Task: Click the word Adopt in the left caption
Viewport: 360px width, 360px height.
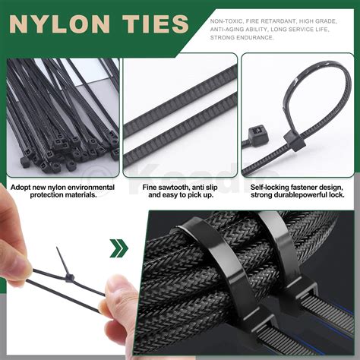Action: click(x=23, y=187)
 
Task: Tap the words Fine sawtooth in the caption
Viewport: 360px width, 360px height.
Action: click(x=156, y=187)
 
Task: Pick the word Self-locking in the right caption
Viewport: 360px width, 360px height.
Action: click(x=269, y=187)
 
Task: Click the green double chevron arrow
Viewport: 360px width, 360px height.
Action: click(x=118, y=248)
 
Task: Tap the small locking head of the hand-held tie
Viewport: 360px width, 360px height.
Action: click(x=69, y=279)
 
